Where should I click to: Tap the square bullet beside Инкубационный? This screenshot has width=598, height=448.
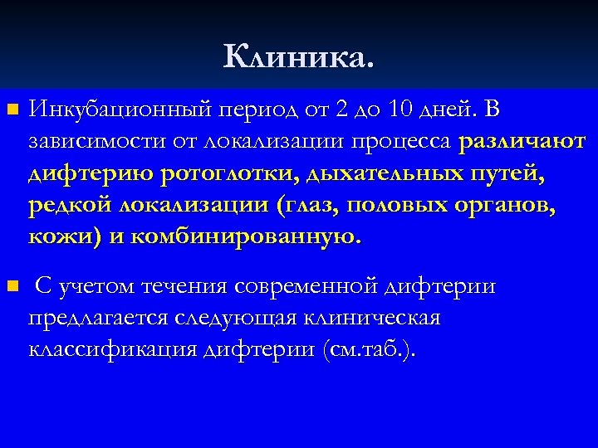[x=11, y=110]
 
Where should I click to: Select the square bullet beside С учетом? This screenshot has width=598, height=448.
[x=11, y=287]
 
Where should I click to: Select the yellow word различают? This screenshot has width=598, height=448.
[x=522, y=142]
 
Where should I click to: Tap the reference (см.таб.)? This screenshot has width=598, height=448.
[x=368, y=350]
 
